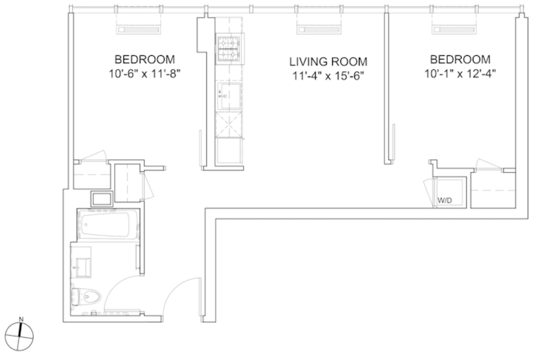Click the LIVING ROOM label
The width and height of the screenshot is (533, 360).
coord(328,62)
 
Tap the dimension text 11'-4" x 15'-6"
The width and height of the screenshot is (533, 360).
coord(328,76)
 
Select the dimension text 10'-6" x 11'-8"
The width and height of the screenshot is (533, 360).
coord(145,74)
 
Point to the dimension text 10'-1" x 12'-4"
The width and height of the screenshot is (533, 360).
coord(460,74)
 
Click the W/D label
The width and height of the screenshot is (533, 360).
coord(445,200)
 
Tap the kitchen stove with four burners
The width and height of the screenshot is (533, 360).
coord(229,48)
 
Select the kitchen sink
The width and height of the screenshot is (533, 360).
coord(229,96)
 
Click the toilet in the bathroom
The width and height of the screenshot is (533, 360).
coord(86,297)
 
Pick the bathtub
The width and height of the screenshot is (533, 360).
coord(108,225)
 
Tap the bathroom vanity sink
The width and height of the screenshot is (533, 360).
coord(83,267)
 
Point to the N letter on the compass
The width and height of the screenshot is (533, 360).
coord(21,319)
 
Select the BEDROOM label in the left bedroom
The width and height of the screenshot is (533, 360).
coord(145,59)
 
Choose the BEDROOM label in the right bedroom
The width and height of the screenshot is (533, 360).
coord(460,59)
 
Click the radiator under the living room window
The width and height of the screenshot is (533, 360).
coord(319,30)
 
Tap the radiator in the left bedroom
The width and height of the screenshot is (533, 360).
coord(138,30)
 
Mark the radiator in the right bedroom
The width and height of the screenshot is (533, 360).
coord(453,30)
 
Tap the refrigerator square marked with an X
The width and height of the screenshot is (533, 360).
coord(230,125)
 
